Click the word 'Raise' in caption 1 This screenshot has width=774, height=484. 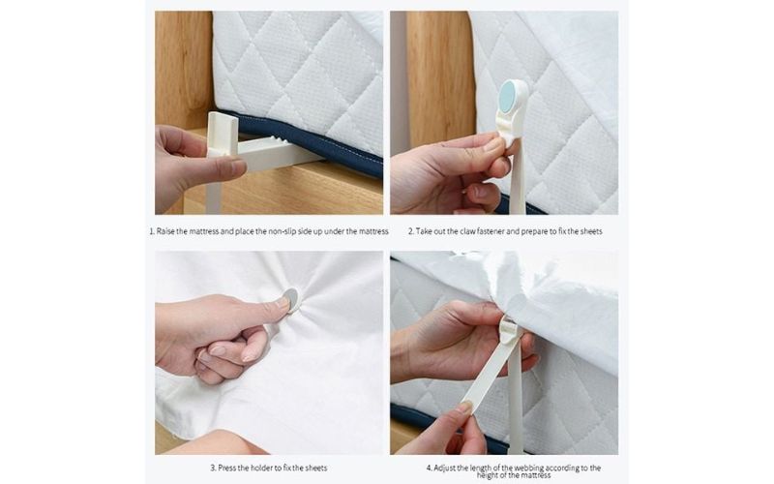pyautogui.click(x=169, y=231)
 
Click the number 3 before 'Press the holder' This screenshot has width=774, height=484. pyautogui.click(x=212, y=468)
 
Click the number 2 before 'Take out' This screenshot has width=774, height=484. pyautogui.click(x=409, y=231)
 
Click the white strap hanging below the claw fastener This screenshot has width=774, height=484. pyautogui.click(x=517, y=179)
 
